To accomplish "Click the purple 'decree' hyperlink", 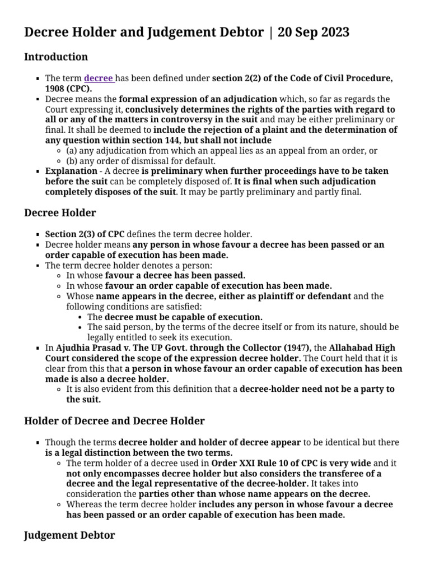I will [99, 78].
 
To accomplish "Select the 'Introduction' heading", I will [56, 57].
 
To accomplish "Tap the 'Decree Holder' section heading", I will [60, 212].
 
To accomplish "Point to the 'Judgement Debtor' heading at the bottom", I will [69, 535].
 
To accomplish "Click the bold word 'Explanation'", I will [71, 171].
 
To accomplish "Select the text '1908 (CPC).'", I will [69, 89].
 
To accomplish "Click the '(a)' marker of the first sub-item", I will [72, 150].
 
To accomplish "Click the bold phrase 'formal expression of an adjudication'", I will [198, 99].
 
